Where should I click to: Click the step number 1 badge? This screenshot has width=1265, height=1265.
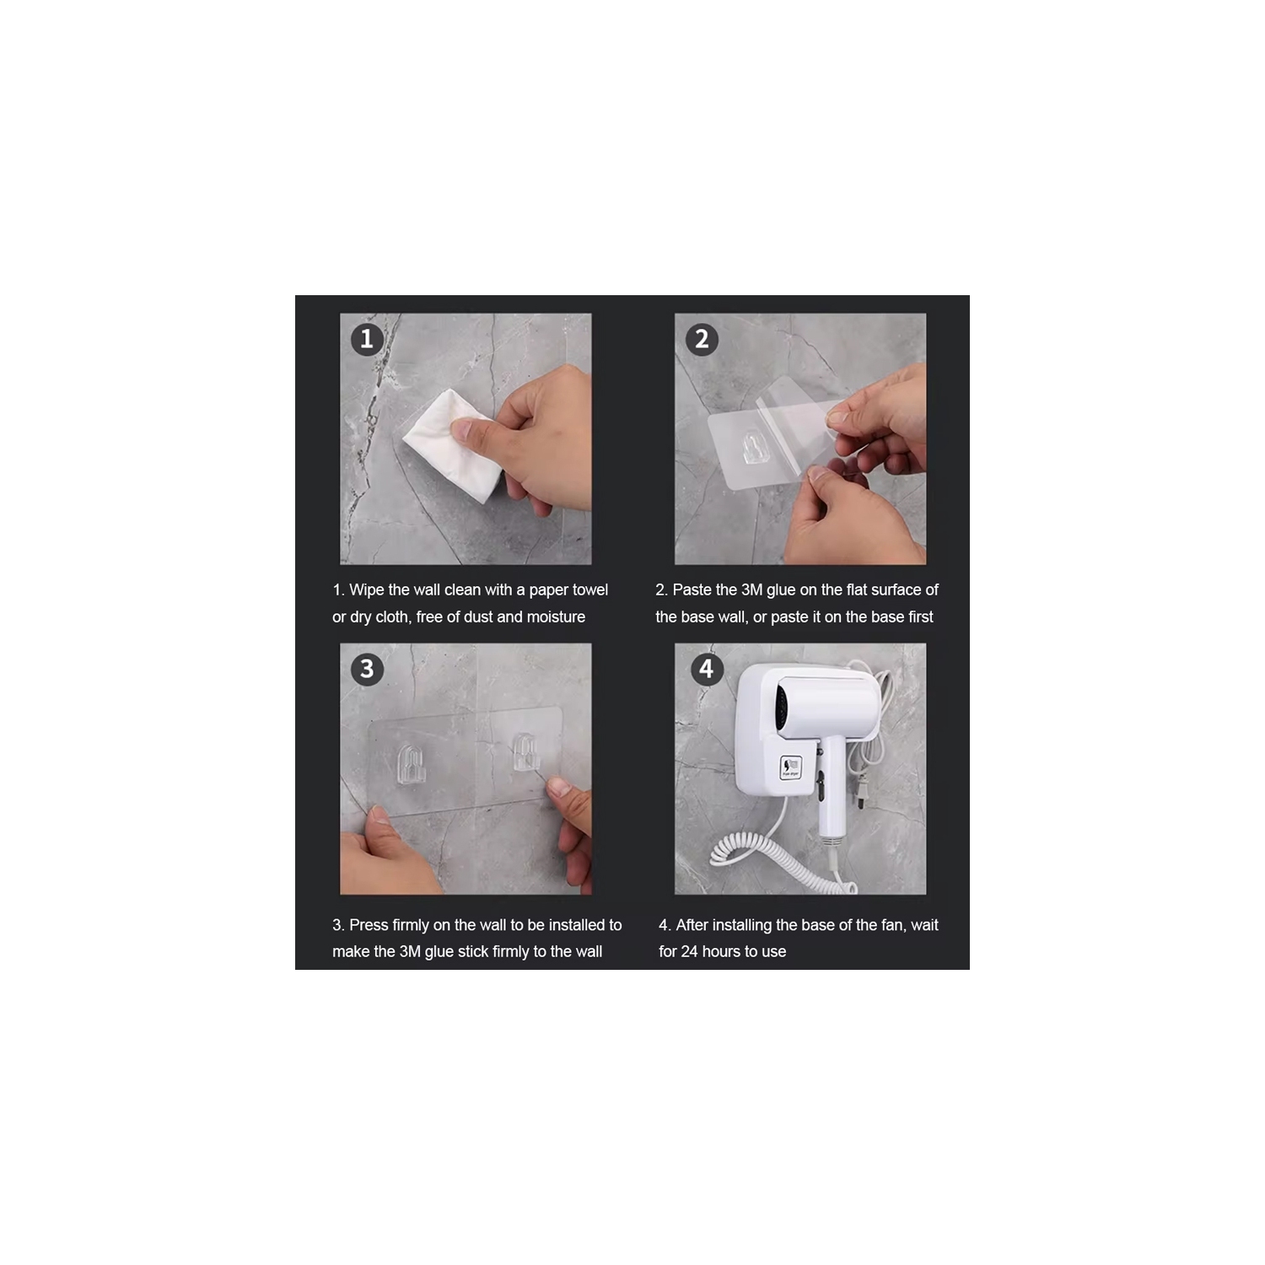[367, 339]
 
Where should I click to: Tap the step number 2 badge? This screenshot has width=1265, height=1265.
[702, 339]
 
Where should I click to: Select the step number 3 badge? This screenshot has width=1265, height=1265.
[367, 670]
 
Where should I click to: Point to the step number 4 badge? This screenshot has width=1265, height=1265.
[707, 670]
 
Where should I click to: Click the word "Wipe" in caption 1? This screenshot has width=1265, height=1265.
[367, 590]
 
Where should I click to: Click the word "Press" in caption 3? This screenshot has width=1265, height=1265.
[369, 925]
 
